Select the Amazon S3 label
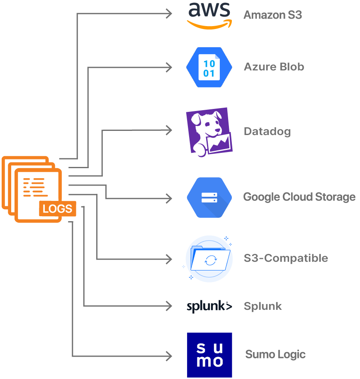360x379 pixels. click(272, 15)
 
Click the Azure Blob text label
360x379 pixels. click(274, 67)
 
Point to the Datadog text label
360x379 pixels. click(267, 132)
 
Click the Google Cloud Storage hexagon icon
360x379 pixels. click(209, 197)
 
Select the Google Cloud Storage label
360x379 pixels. click(299, 197)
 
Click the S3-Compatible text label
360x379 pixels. click(286, 258)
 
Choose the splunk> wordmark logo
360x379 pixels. click(209, 307)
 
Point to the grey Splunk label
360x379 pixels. click(263, 307)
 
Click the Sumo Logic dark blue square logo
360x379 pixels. click(209, 355)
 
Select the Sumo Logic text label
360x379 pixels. click(275, 355)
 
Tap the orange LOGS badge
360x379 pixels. click(58, 209)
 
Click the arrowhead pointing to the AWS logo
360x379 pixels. click(169, 14)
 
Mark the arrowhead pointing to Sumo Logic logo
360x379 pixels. click(169, 356)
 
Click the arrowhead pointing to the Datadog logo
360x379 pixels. click(169, 130)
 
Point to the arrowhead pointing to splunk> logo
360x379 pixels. click(169, 306)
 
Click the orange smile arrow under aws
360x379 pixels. click(209, 24)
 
